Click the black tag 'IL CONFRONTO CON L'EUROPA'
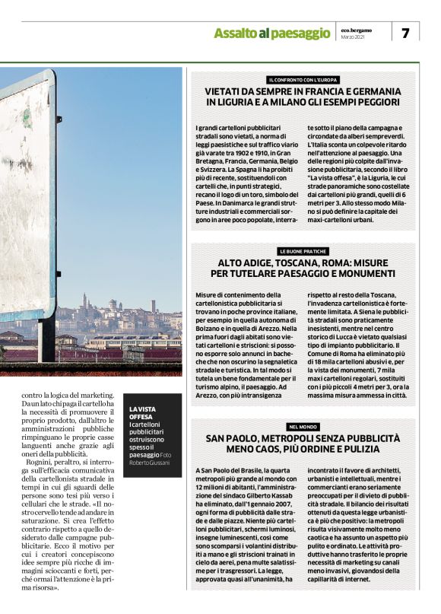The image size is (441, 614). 303,80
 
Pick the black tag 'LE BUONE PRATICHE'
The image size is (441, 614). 303,251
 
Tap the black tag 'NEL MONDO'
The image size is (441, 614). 303,427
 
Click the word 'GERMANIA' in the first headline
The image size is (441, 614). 369,91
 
